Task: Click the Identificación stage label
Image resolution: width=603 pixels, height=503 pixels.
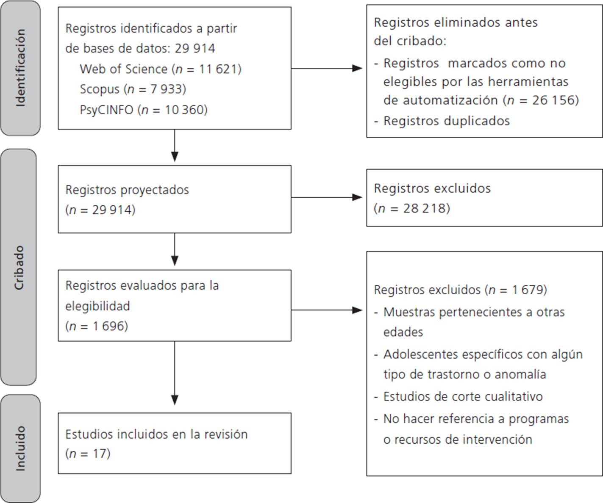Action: (20, 68)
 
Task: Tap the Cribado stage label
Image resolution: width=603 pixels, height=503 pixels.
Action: (19, 267)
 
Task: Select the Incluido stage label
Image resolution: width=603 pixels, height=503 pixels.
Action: (20, 448)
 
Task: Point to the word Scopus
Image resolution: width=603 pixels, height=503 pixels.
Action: (100, 89)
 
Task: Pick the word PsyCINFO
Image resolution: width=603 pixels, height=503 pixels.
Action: (106, 110)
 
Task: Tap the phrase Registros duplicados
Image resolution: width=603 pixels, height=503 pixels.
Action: (446, 121)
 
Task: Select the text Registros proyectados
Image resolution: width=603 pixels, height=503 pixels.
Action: (127, 190)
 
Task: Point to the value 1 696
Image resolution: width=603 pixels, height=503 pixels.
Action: (109, 326)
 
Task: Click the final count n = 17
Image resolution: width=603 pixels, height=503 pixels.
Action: (88, 453)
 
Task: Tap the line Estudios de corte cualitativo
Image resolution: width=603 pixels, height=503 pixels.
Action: (463, 396)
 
